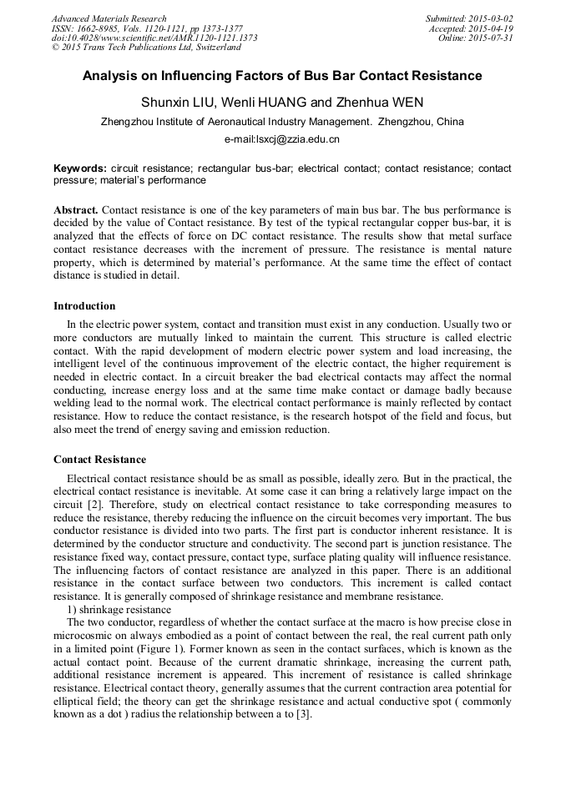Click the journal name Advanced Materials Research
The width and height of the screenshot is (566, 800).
109,18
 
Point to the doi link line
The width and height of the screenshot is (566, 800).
154,38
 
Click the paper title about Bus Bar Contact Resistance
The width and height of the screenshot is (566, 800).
282,76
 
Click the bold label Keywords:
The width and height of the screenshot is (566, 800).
79,169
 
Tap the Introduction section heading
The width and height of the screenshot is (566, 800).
84,306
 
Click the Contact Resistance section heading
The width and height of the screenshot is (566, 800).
99,460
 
